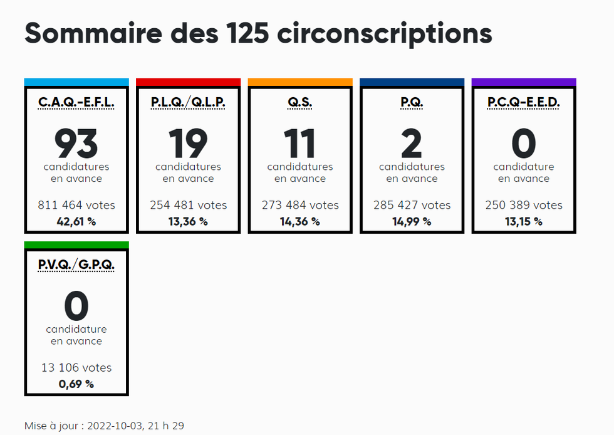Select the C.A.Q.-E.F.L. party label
coord(76,102)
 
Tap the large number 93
coord(76,144)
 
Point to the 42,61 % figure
coord(76,221)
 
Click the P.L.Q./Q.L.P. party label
coord(188,102)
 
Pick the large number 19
coord(188,144)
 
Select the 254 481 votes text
coord(188,205)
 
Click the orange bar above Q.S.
coord(300,82)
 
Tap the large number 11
coord(300,144)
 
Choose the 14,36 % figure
coord(300,221)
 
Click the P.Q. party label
coord(412,102)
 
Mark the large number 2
coord(412,144)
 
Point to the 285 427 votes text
coord(412,205)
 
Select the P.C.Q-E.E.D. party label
coord(524,102)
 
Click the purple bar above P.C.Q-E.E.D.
coord(524,82)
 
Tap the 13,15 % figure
coord(524,221)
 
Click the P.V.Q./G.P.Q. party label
coord(76,265)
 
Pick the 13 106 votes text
coord(76,368)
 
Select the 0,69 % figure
coord(76,384)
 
